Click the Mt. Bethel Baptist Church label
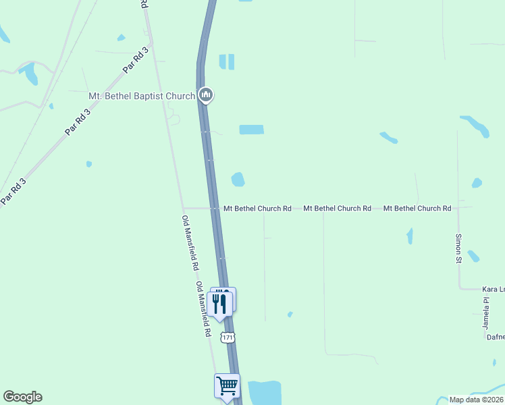point(142,96)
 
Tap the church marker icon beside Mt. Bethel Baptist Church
point(206,95)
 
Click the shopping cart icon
point(227,385)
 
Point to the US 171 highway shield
point(226,336)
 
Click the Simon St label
point(458,248)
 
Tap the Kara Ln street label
point(493,289)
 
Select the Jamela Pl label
point(485,313)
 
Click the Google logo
point(22,397)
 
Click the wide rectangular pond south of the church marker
point(251,130)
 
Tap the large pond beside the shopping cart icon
point(265,392)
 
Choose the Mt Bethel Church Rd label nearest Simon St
point(417,209)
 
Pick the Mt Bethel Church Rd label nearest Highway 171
point(257,209)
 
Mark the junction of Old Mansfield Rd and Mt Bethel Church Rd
point(184,208)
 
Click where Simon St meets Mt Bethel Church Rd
point(458,208)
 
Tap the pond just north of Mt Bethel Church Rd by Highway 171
point(238,180)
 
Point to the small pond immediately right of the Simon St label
point(473,256)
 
